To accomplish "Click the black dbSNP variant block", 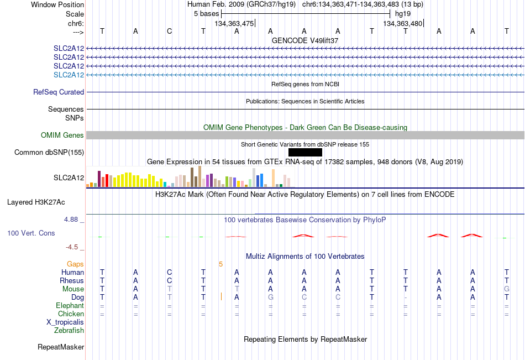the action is click(305, 153).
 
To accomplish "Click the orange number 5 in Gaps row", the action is click(221, 264).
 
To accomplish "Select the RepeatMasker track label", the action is click(61, 347).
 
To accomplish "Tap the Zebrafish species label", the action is click(69, 331).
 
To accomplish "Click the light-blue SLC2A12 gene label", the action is click(69, 75).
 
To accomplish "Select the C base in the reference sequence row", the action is click(170, 31).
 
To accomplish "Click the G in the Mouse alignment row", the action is click(507, 289).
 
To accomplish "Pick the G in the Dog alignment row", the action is click(271, 298).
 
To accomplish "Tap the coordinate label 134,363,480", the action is click(402, 23).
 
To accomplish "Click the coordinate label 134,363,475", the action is click(234, 23).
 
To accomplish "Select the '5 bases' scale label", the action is click(206, 14).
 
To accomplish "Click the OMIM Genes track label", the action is click(62, 135).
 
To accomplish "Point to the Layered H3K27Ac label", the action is click(36, 202).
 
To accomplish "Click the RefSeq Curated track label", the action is click(59, 92).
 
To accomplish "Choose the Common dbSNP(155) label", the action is click(49, 153).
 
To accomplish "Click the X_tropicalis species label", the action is click(65, 322).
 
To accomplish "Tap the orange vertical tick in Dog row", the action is click(221, 296).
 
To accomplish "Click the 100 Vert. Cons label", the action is click(31, 233).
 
